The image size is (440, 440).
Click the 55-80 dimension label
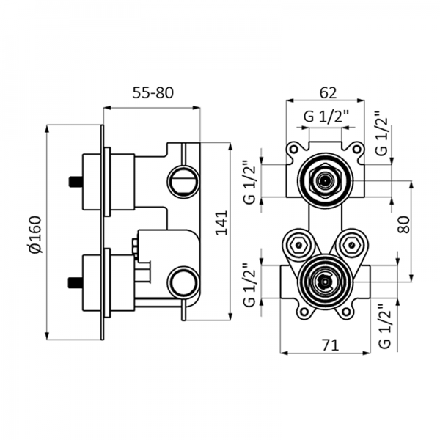pos(153,93)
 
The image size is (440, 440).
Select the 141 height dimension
pos(221,223)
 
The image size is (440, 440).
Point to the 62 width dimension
pos(327,93)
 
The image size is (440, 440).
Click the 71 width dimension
pos(327,345)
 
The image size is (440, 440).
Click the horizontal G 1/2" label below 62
pos(326,117)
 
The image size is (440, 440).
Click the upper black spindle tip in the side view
pos(72,180)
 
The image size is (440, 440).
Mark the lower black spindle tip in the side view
pos(72,281)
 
